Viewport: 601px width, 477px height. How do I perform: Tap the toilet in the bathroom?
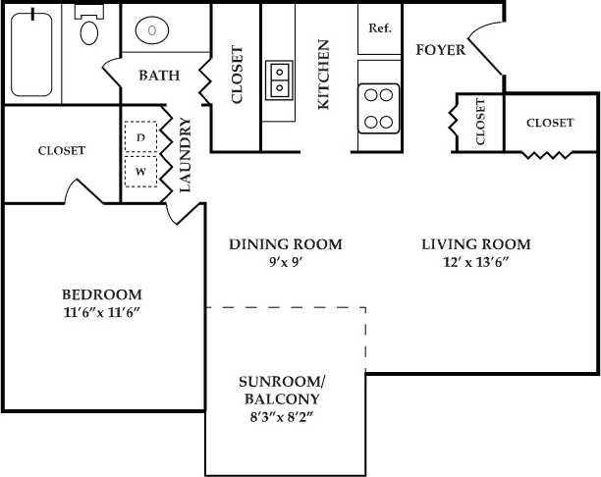89,28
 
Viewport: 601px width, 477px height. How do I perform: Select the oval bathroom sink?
152,30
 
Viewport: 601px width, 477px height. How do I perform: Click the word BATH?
158,76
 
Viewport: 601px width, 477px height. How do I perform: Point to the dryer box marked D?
140,138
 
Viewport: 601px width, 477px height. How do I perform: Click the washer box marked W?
140,171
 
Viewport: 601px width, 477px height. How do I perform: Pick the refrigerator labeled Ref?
380,27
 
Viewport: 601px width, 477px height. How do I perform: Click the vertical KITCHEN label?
322,74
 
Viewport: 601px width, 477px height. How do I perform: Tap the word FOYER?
440,50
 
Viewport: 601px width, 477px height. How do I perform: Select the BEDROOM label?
101,294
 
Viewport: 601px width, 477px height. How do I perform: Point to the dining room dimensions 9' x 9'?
285,262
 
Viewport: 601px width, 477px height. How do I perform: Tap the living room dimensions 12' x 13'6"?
476,262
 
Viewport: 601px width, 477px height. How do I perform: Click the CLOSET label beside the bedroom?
61,150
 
